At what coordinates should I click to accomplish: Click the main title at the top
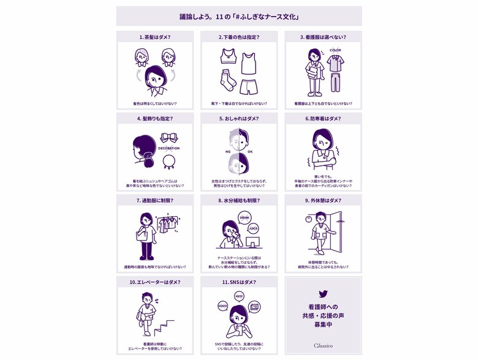[x=239, y=16]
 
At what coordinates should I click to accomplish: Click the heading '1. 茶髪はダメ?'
[x=154, y=37]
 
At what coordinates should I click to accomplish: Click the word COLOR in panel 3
[x=335, y=50]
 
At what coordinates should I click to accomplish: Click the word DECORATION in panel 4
[x=169, y=148]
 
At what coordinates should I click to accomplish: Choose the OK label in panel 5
[x=249, y=149]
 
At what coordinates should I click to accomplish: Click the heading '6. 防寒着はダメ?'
[x=323, y=119]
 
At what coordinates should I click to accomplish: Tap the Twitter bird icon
[x=323, y=294]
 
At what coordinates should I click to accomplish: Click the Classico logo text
[x=323, y=345]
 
